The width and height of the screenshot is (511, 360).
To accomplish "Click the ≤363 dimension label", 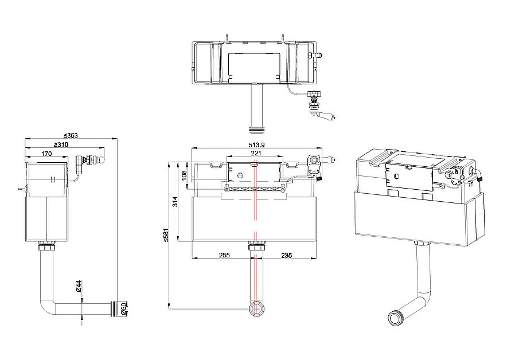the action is coord(71,135).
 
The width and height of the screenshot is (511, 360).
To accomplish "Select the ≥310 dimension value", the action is coord(61,144).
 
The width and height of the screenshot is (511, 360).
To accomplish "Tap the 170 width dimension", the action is coord(46,154).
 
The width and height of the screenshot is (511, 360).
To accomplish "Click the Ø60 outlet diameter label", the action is coord(123,308).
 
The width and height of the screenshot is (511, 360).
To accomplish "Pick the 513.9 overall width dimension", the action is coord(256,145).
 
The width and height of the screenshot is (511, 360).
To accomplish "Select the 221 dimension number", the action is coord(256,152).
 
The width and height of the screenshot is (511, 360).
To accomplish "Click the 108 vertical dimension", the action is coord(184,175).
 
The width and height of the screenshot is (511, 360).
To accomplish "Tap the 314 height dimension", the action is coord(175,202).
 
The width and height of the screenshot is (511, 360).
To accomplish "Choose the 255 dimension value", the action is coord(224,255).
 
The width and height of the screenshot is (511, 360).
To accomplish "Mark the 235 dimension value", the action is coord(286,255).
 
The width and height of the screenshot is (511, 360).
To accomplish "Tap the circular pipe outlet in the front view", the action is coord(258,308).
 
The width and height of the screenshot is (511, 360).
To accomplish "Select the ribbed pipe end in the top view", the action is coord(258,130).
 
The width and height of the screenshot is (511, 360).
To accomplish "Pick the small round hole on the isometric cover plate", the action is coord(396,176).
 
